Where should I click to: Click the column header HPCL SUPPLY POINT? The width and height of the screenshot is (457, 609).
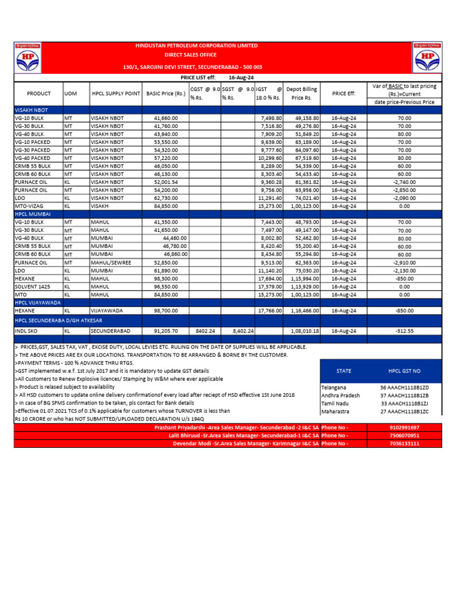(x=116, y=93)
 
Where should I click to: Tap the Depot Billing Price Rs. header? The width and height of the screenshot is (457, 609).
(x=302, y=93)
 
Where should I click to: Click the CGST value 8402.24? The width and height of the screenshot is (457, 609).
(x=205, y=331)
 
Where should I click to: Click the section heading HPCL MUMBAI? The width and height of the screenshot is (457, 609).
(x=33, y=214)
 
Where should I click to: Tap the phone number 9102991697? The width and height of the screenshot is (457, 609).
(x=404, y=428)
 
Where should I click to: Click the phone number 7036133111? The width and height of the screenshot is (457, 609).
(x=404, y=444)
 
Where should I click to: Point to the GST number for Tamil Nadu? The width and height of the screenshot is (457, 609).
(x=404, y=403)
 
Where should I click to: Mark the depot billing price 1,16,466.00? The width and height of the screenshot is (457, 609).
(x=303, y=311)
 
